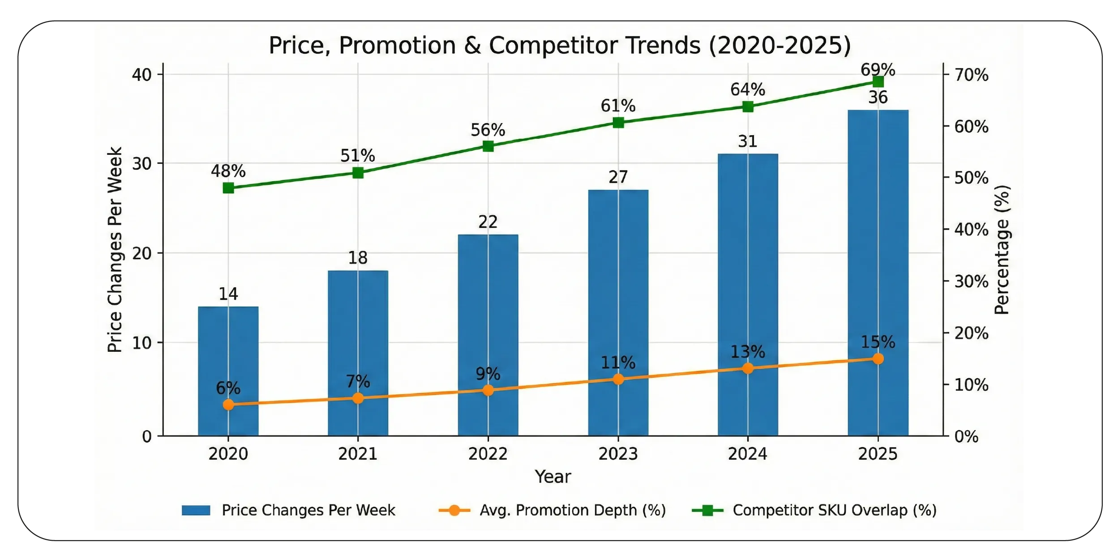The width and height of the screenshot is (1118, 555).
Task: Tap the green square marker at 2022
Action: [488, 146]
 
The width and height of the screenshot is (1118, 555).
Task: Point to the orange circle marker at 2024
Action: [748, 368]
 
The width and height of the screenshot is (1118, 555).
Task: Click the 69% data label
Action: [878, 70]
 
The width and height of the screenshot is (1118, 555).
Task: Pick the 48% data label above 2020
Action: [228, 171]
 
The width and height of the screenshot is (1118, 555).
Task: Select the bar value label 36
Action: [878, 98]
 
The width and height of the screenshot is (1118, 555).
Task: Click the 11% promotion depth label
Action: [618, 363]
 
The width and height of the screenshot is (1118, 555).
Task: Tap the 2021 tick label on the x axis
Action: [357, 454]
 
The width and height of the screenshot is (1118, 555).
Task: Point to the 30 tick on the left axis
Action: [141, 164]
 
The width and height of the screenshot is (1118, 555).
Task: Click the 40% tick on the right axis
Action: [971, 230]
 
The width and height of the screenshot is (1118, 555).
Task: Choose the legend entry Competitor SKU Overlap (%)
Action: [834, 510]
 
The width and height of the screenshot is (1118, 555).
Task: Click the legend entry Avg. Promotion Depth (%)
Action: [572, 510]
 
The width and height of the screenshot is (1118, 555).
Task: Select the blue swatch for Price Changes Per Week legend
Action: [196, 510]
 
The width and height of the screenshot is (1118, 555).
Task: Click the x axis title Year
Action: [553, 477]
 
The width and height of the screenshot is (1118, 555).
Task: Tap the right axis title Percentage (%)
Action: [1002, 250]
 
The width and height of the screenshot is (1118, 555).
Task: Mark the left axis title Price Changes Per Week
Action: [115, 250]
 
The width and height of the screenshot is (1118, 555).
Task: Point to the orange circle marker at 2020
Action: [228, 405]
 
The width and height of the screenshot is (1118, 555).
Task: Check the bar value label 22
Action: [488, 222]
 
